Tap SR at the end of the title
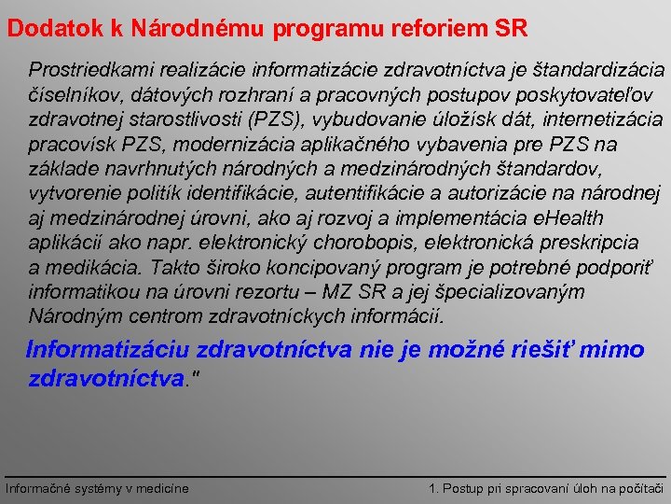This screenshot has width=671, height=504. [x=512, y=28]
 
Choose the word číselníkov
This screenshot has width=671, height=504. [x=73, y=95]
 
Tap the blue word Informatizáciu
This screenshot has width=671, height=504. [x=109, y=350]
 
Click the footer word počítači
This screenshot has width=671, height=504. [x=637, y=488]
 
